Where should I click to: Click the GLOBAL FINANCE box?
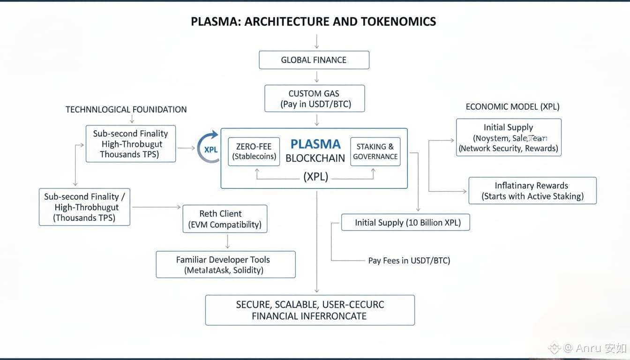point(314,60)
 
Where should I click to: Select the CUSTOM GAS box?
point(314,98)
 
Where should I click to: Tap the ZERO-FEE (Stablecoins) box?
point(254,151)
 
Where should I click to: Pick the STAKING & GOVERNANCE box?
point(375,151)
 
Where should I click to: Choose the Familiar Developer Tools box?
point(226,264)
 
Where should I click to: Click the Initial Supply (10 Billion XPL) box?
point(405,223)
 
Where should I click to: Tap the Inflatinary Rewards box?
point(532,190)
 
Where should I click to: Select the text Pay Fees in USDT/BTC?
point(409,261)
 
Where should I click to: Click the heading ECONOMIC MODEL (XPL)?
point(512,106)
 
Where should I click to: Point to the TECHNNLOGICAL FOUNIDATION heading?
point(126,110)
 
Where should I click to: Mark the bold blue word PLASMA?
point(315,144)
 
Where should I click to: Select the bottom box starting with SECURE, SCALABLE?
point(310,310)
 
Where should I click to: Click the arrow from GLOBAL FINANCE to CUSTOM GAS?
point(317,77)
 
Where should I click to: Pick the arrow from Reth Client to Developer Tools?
point(227,241)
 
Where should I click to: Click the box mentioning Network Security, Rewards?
point(509,137)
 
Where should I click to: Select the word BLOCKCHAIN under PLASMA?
point(315,158)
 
